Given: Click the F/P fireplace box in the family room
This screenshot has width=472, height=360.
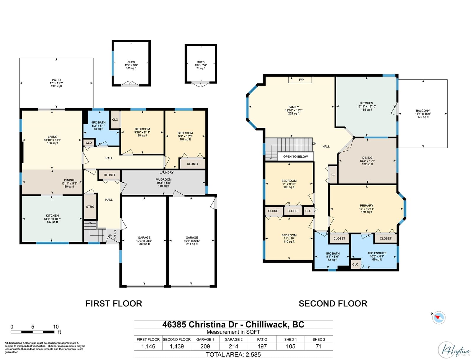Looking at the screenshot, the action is point(300,80).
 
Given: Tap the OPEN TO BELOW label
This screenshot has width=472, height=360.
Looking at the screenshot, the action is point(296,157).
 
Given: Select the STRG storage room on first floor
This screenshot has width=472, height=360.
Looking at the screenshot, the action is point(90,207).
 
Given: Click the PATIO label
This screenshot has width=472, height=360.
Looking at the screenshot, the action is point(56,80).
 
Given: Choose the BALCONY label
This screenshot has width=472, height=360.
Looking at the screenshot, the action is point(423,111).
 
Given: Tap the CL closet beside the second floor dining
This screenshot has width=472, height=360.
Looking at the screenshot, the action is point(333,175).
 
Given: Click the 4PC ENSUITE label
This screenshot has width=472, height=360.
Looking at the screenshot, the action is point(377,253).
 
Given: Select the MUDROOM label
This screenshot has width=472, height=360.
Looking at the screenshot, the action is point(164,179).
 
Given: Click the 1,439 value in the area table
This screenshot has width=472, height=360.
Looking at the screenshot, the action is point(177,346).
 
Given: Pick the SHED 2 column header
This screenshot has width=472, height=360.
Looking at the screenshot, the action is point(319,339).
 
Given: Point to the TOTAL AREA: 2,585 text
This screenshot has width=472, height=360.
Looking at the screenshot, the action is point(233,355).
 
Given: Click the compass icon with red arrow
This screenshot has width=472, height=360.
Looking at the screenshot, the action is point(439,318).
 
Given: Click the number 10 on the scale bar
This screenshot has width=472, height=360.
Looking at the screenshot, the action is point(56,327).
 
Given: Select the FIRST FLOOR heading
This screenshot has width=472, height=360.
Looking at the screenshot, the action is point(114,304).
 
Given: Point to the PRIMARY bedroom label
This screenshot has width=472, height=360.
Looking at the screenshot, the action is point(366,205).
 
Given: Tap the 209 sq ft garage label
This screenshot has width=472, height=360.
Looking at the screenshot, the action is point(144,244).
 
